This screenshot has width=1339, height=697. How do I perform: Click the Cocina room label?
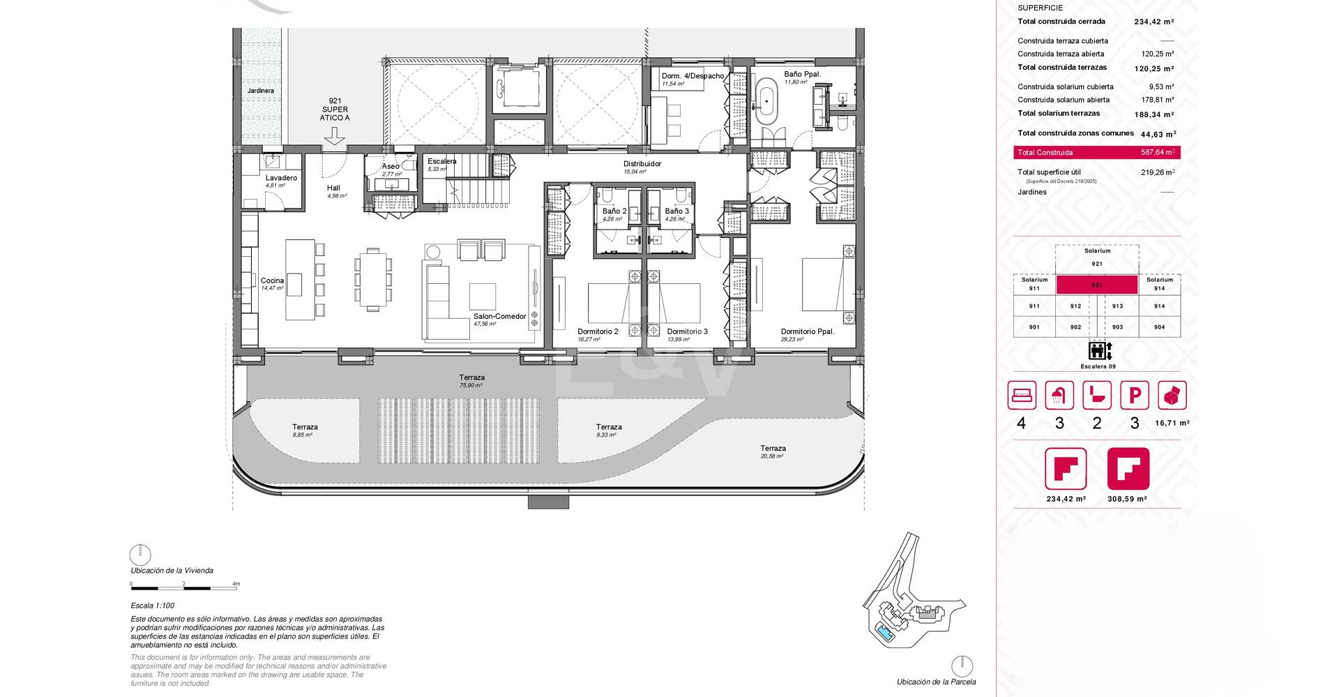(x=272, y=280)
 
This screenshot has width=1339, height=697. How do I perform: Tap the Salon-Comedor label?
(x=499, y=316)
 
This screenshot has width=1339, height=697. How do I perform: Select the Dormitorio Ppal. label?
(x=807, y=331)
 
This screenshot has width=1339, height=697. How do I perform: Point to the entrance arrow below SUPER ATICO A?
(x=335, y=135)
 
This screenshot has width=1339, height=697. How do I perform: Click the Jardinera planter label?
(x=260, y=91)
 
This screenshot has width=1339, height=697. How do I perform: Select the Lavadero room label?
(x=281, y=178)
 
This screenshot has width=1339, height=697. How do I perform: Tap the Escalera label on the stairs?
(x=441, y=161)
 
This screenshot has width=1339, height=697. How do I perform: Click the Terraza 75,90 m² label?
(x=471, y=377)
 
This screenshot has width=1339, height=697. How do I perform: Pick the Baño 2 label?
(x=614, y=211)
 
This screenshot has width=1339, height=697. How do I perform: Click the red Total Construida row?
(x=1096, y=152)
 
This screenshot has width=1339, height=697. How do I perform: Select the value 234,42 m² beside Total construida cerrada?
(x=1153, y=22)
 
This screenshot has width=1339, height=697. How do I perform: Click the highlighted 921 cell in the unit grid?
(x=1096, y=285)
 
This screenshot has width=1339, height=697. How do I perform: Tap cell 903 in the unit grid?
(x=1117, y=327)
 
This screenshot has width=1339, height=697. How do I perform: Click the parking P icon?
(x=1134, y=396)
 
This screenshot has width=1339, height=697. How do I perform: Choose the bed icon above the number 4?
(x=1022, y=396)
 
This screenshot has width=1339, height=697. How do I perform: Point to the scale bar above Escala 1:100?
(x=183, y=589)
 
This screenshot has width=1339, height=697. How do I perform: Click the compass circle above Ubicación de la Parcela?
(x=962, y=666)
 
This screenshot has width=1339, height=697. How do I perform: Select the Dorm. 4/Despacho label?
(x=692, y=76)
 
